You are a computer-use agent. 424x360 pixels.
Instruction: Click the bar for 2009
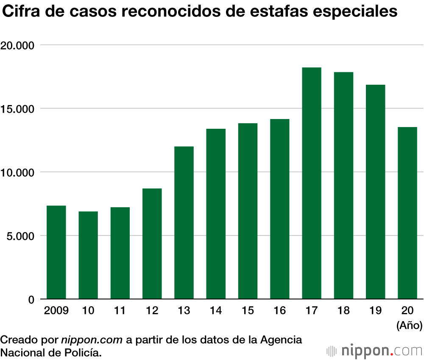[x=56, y=252]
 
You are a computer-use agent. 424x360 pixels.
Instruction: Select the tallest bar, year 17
[x=312, y=183]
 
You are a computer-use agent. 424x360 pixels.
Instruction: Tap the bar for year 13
[x=184, y=223]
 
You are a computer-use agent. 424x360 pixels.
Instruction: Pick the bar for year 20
[x=407, y=213]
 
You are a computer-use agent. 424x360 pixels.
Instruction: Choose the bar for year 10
[x=88, y=255]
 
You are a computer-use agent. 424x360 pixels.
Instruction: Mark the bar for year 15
[x=248, y=211]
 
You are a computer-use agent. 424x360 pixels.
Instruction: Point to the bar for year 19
[x=375, y=192]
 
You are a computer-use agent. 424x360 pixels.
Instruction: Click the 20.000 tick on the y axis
[x=20, y=45]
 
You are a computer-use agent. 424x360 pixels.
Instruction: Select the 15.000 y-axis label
[x=20, y=109]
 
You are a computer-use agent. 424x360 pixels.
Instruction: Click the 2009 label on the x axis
[x=56, y=311]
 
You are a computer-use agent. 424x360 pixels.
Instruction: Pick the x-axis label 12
[x=152, y=311]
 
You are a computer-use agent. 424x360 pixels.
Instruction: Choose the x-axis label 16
[x=279, y=311]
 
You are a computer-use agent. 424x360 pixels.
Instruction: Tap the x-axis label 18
[x=343, y=311]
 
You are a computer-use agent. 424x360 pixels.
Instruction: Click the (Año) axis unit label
[x=409, y=326]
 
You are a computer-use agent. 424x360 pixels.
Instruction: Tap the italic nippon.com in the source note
[x=92, y=340]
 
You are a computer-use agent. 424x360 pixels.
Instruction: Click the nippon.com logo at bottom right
[x=375, y=351]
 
